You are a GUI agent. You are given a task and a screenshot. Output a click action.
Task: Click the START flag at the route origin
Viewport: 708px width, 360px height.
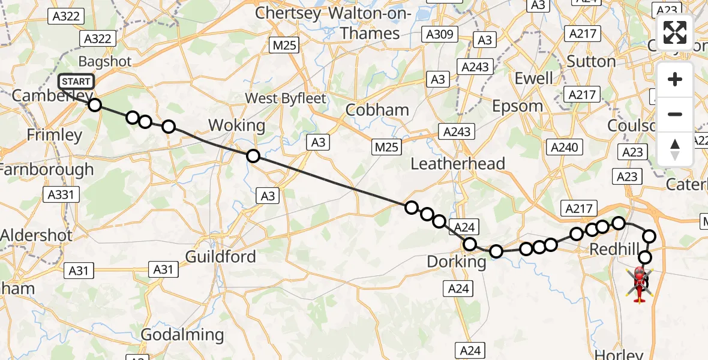click(76, 82)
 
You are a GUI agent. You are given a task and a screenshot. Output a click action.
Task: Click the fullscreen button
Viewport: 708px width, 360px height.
click(675, 32)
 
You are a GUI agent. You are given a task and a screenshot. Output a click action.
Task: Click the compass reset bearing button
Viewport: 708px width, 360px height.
click(675, 149)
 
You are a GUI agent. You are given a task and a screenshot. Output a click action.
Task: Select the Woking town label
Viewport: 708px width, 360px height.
click(236, 125)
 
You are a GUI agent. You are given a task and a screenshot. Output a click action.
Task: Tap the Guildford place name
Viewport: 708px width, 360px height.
click(220, 257)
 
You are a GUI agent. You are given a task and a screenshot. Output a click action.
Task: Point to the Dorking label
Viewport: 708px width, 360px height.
click(456, 262)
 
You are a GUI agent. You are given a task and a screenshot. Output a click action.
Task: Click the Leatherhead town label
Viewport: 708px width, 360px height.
click(457, 163)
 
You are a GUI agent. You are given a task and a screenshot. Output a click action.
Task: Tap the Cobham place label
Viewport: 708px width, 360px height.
click(377, 110)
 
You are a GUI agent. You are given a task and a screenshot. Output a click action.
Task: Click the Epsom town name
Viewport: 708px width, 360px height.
click(517, 106)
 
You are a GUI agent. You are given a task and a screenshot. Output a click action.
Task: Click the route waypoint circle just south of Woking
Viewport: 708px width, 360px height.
click(253, 156)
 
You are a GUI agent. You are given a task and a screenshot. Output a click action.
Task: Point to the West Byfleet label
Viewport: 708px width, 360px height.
click(286, 98)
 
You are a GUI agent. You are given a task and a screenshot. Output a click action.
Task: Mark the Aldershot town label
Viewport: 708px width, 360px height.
click(37, 235)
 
